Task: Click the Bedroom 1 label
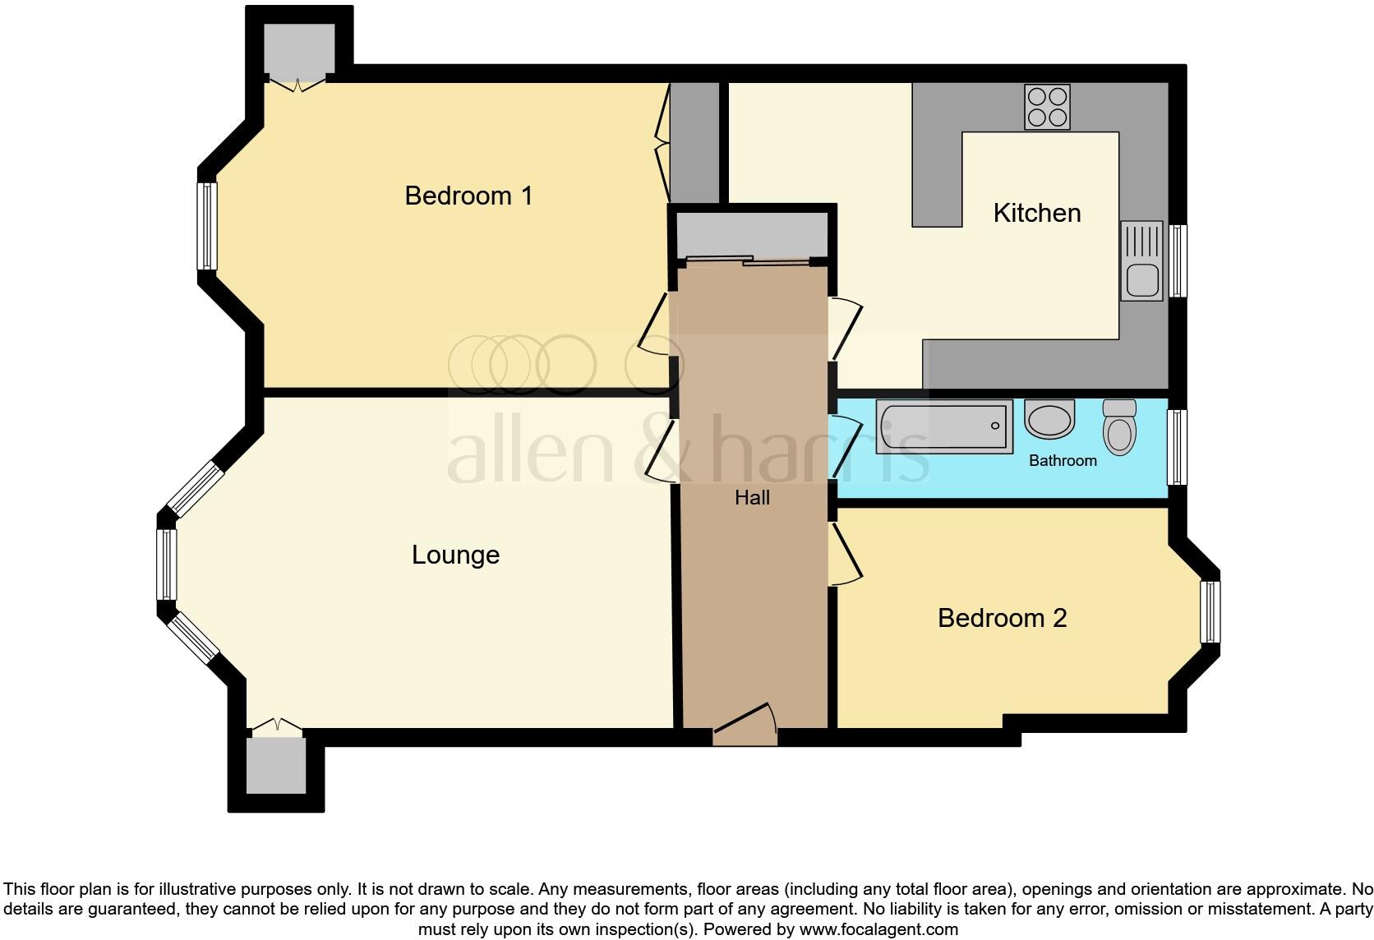click(x=468, y=196)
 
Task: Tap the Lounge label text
click(x=455, y=555)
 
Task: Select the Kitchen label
click(x=1036, y=213)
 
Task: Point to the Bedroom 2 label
click(x=1002, y=618)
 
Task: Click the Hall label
click(x=752, y=497)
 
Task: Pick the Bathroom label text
click(x=1063, y=460)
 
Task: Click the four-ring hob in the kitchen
click(x=1047, y=107)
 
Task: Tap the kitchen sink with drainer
click(x=1141, y=260)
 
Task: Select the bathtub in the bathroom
click(x=943, y=426)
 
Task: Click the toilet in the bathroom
click(x=1119, y=426)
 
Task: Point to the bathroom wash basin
click(x=1049, y=419)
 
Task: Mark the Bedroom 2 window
click(x=1210, y=612)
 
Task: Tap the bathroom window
click(x=1178, y=447)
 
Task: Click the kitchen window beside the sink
click(x=1178, y=260)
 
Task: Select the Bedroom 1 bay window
click(x=207, y=226)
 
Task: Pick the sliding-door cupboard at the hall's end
click(x=751, y=235)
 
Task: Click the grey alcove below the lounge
click(x=276, y=765)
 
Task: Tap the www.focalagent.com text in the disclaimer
click(x=878, y=930)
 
